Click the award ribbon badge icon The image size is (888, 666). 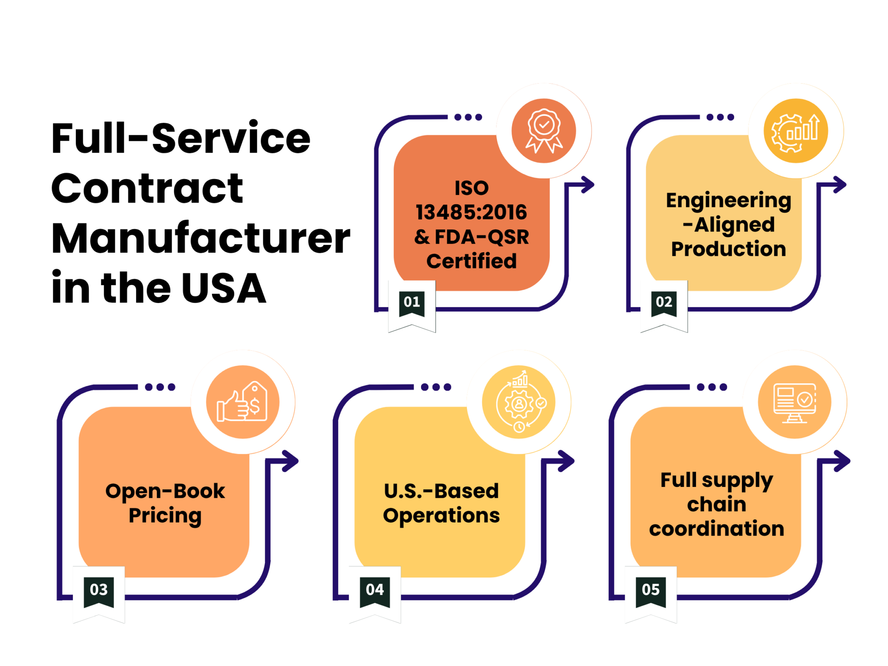(544, 131)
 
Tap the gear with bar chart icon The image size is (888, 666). (796, 131)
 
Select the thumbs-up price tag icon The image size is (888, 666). (242, 402)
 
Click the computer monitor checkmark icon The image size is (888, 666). (794, 402)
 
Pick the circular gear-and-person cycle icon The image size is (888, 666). (519, 402)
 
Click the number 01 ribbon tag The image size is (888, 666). (411, 304)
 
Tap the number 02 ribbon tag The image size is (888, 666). (664, 304)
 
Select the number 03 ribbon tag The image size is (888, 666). (98, 592)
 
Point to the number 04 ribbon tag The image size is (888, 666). (375, 592)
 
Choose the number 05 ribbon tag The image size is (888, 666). (650, 592)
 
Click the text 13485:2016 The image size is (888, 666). (471, 212)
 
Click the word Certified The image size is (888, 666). (471, 261)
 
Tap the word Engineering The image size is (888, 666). (728, 201)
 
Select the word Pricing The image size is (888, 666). (165, 516)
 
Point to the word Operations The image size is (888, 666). (441, 516)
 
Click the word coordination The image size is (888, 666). (716, 529)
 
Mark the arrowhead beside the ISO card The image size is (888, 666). (588, 185)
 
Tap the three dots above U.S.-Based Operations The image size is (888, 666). (436, 387)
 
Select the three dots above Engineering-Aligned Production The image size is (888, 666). (720, 117)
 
